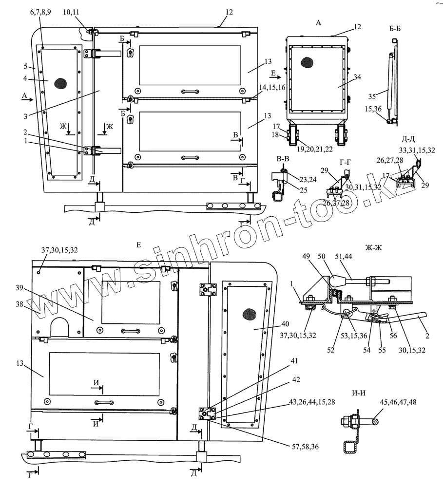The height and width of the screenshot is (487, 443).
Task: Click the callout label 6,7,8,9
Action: point(40,12)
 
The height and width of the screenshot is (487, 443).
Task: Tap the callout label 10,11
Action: point(71,12)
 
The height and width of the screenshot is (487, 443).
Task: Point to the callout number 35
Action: point(372,96)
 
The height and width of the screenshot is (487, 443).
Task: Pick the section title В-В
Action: point(283,159)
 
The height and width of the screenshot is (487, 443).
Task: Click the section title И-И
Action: point(358,393)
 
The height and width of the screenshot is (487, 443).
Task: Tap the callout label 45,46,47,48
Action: point(398,402)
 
